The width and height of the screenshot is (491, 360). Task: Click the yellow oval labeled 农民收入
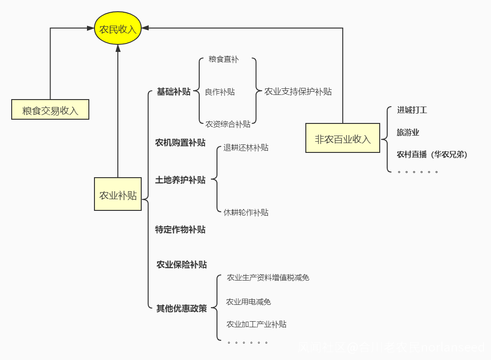click(x=118, y=29)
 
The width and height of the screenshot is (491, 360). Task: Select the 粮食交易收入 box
click(x=50, y=111)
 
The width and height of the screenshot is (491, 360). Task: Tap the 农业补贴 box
click(x=118, y=194)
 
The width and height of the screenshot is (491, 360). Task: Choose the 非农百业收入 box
click(x=343, y=138)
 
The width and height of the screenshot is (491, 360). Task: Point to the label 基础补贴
click(x=173, y=92)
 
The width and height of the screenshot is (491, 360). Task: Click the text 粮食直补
click(x=224, y=59)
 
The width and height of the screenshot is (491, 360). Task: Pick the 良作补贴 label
click(x=220, y=92)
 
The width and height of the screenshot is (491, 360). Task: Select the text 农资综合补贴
click(x=228, y=124)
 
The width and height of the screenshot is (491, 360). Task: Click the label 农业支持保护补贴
click(x=298, y=92)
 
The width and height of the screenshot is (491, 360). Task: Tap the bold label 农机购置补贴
click(x=180, y=143)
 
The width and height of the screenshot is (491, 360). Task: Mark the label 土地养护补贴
click(x=180, y=180)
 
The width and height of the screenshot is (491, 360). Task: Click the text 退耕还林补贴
click(x=246, y=148)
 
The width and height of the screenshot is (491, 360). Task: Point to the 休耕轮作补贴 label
click(x=246, y=212)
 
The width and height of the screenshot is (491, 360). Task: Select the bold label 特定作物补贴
click(x=180, y=230)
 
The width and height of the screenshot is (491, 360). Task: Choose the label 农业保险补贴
click(x=181, y=265)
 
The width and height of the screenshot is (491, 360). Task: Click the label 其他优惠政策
click(x=181, y=309)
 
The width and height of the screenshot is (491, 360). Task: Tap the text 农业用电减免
click(x=248, y=302)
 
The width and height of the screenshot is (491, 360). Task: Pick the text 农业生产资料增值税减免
click(x=268, y=278)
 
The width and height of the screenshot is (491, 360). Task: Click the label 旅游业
click(x=408, y=133)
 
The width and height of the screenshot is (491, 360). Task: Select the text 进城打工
click(x=412, y=110)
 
